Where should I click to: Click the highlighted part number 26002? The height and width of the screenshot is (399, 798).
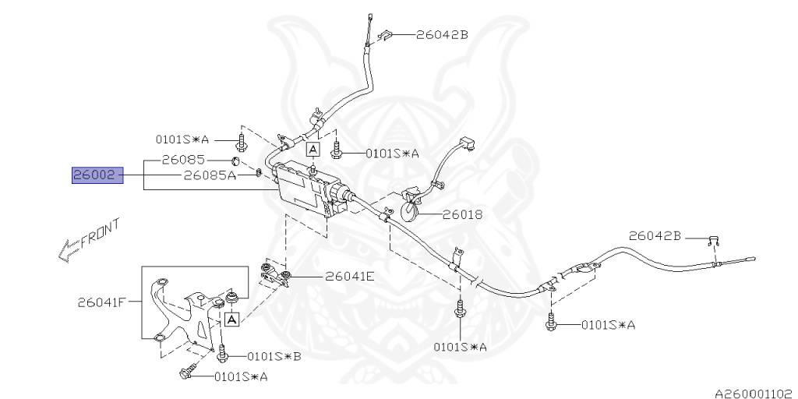(93, 176)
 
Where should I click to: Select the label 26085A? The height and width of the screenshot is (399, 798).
(210, 176)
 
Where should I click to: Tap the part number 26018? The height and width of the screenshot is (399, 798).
(462, 214)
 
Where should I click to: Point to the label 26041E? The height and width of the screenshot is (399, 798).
(350, 276)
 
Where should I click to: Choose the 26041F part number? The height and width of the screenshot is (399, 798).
(102, 302)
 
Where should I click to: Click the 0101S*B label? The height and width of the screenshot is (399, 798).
(274, 356)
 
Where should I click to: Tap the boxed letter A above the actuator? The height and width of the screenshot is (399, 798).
(312, 148)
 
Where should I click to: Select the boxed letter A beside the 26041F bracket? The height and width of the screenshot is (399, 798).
(232, 319)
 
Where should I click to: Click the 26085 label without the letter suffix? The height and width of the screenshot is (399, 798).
(183, 161)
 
